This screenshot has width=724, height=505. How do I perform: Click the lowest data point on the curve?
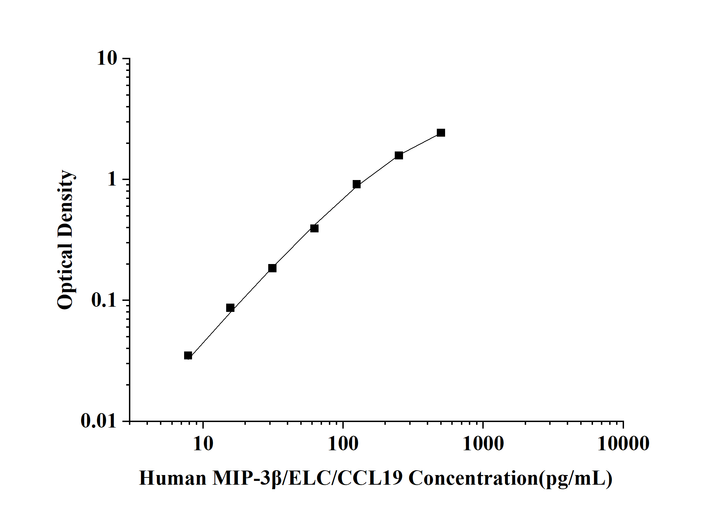[x=188, y=356]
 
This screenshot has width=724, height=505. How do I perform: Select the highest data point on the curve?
[x=441, y=133]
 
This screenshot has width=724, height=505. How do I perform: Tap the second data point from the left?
[x=230, y=308]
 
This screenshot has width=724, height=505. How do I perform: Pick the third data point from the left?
[x=272, y=268]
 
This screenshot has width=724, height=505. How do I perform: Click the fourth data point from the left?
[x=314, y=228]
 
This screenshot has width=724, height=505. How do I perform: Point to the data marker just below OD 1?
[x=357, y=184]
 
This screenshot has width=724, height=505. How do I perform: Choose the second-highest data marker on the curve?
[x=399, y=155]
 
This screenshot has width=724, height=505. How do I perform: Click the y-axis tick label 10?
[x=107, y=59]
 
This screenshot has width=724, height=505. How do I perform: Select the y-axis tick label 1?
[x=112, y=179]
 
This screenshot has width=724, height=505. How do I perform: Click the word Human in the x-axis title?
[x=172, y=478]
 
